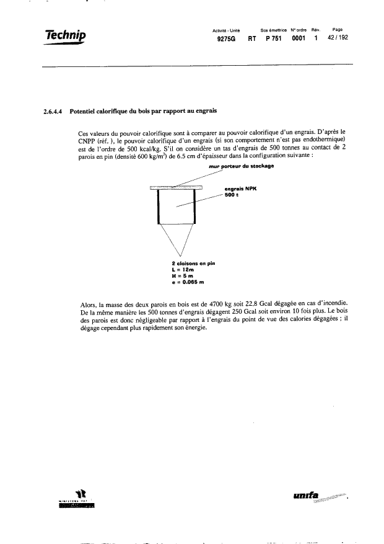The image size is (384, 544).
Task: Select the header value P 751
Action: click(273, 38)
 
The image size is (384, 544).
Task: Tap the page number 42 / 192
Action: click(338, 38)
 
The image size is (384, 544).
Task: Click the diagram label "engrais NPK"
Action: click(242, 189)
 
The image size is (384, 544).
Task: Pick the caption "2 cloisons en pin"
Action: click(193, 264)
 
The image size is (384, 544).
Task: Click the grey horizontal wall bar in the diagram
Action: click(177, 186)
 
